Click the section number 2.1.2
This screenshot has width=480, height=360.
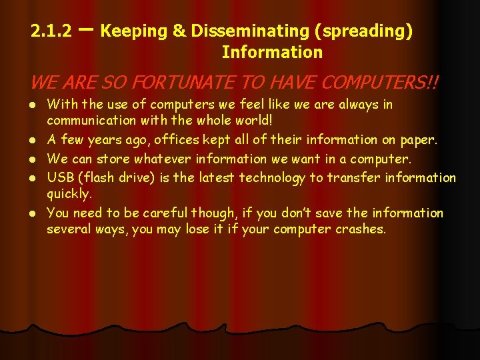click(51, 31)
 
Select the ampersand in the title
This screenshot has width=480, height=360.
click(177, 31)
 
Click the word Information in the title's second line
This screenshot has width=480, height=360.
click(272, 52)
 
